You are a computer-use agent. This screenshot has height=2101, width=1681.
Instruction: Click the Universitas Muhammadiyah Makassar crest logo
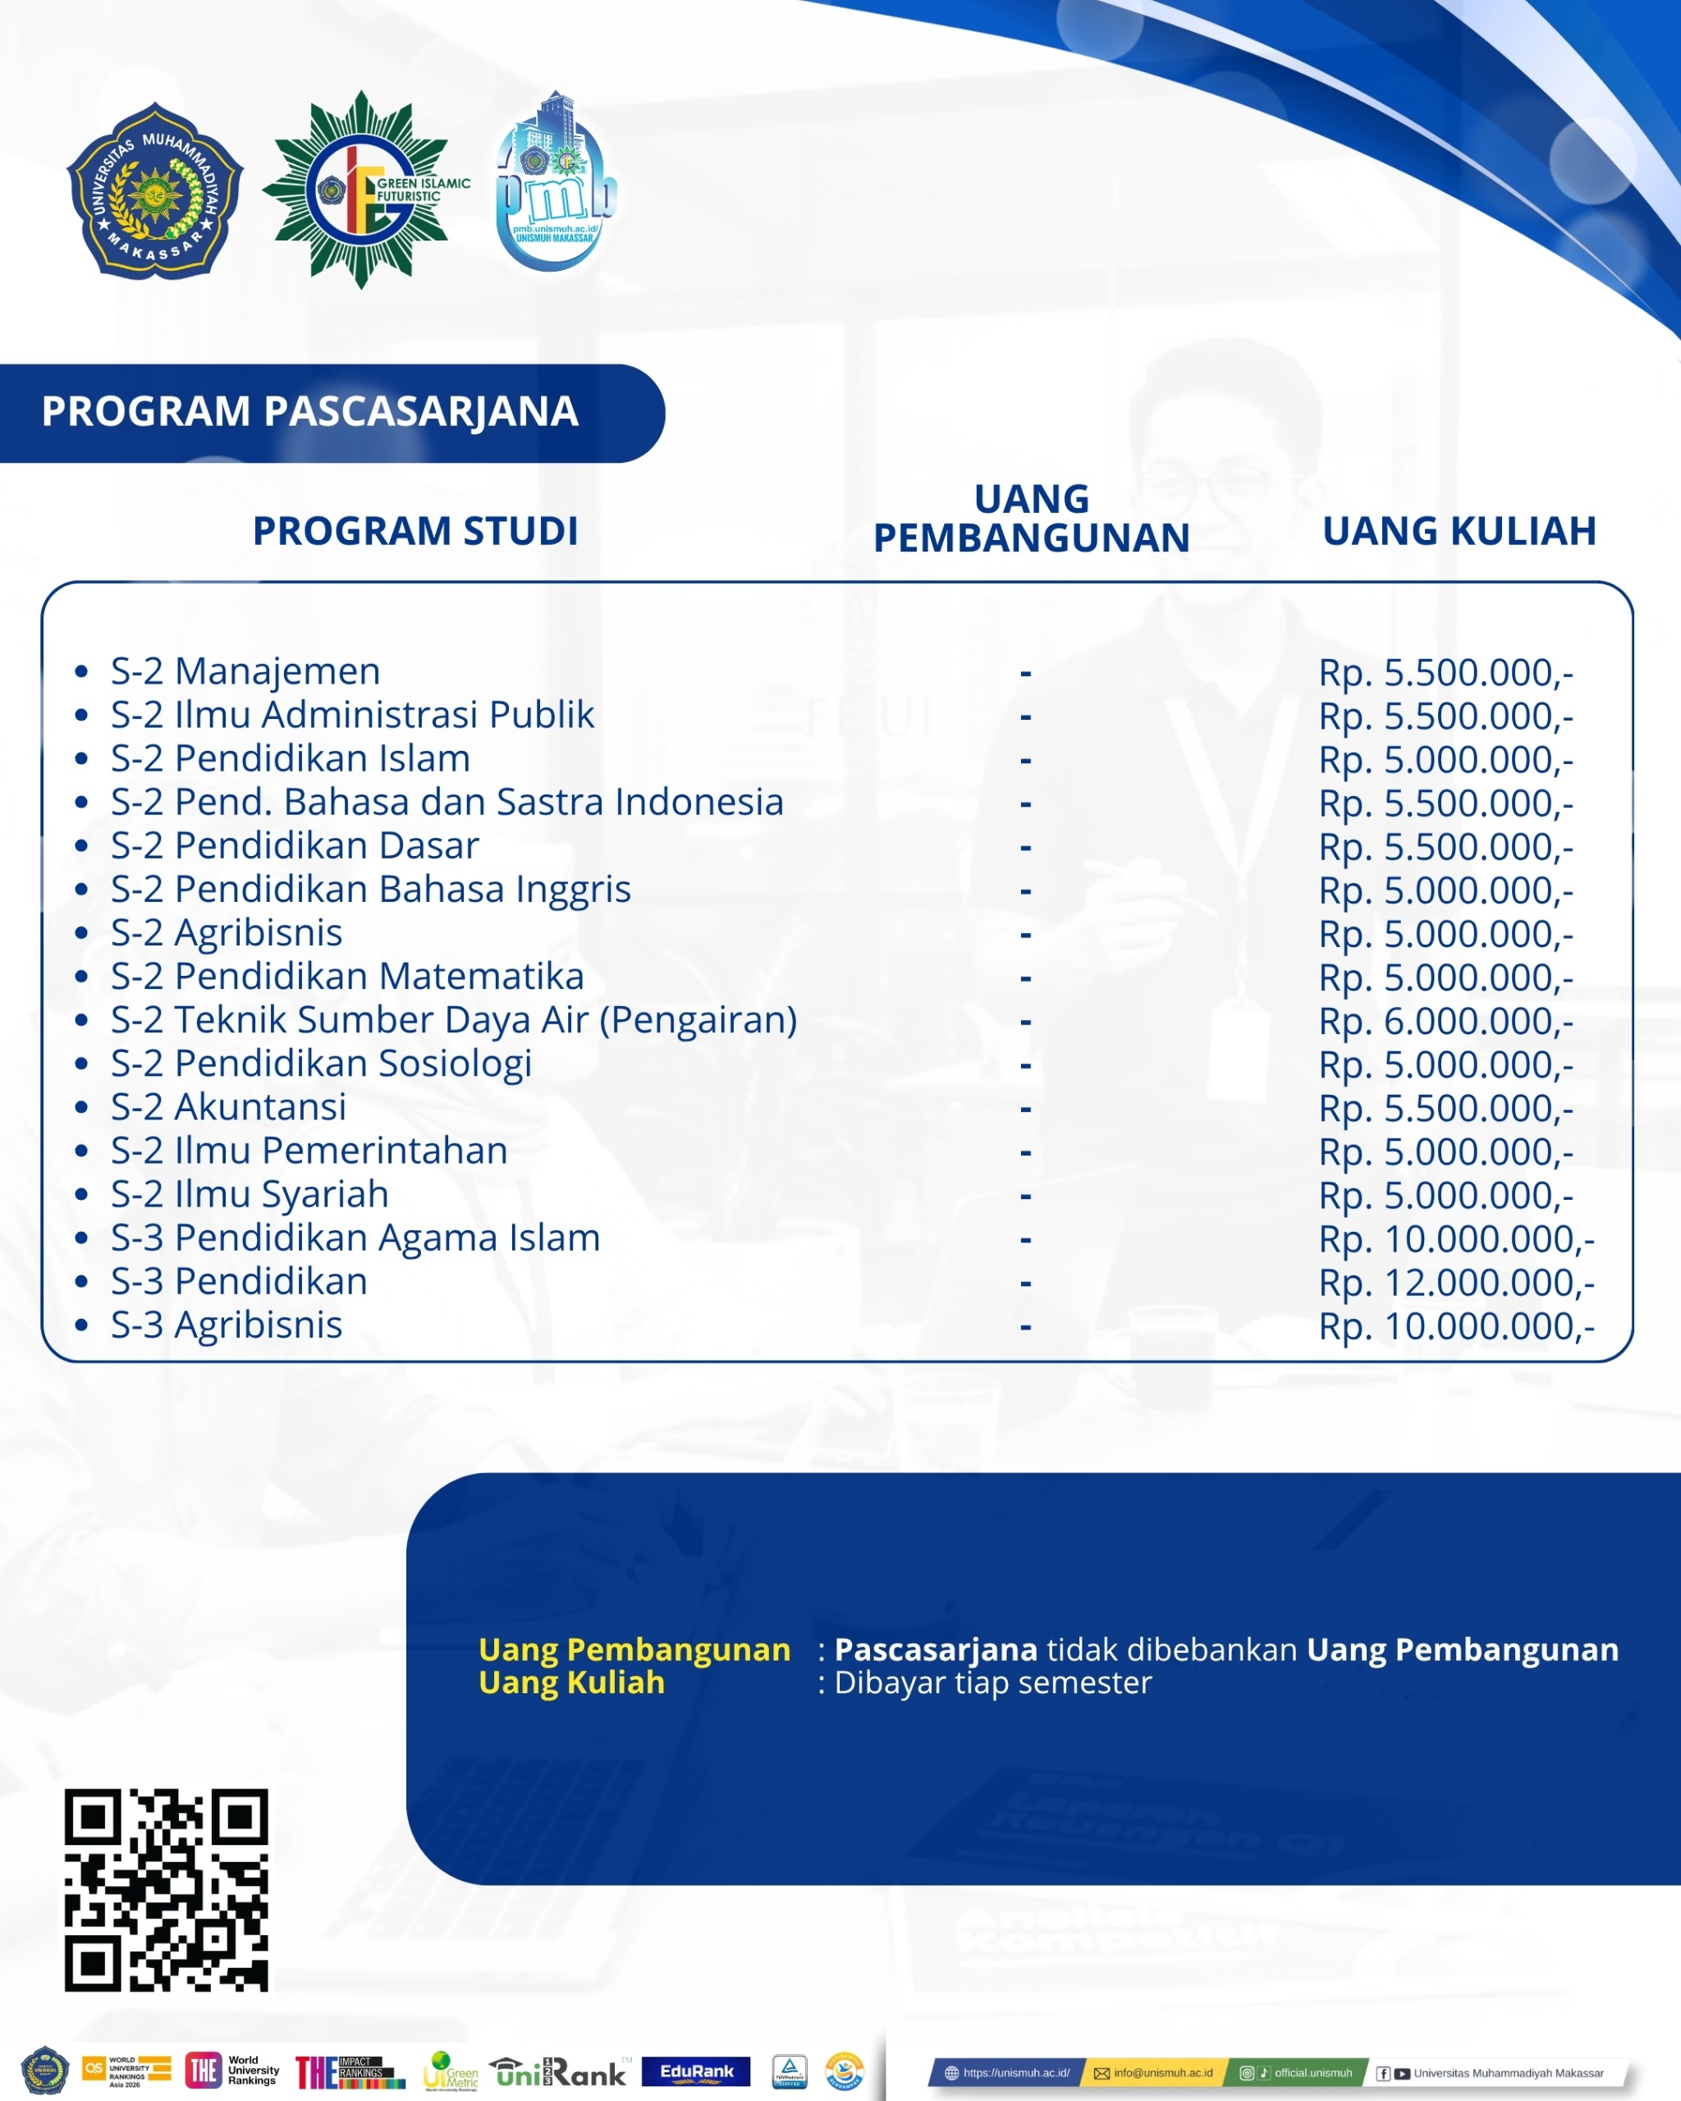[154, 191]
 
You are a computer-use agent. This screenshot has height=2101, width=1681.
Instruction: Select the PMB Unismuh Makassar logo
[556, 185]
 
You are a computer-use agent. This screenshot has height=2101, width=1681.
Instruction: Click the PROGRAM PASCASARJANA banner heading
[310, 411]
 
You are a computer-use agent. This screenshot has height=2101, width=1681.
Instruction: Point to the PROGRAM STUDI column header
[415, 531]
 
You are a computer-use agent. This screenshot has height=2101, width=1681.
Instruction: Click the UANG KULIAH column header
[1459, 531]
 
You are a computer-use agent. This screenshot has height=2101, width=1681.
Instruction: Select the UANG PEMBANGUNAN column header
[1031, 519]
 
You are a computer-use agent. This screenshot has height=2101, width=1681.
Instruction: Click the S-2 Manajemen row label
[245, 671]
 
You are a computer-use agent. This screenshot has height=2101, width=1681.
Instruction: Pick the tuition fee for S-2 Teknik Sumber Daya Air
[1445, 1020]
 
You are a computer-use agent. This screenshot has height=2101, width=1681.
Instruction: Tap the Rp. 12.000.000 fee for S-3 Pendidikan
[1456, 1283]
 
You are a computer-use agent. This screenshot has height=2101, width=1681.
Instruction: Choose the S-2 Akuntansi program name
[228, 1106]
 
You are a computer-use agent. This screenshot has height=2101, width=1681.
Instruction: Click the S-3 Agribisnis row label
[226, 1325]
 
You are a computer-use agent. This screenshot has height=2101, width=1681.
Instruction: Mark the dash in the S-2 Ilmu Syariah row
[1025, 1196]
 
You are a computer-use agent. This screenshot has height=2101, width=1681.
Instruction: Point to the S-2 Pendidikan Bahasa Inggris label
[370, 889]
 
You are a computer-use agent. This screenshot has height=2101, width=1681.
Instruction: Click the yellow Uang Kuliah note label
[571, 1682]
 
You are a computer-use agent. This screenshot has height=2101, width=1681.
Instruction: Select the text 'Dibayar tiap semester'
[992, 1682]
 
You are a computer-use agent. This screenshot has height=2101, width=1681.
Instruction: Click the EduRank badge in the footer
[696, 2071]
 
